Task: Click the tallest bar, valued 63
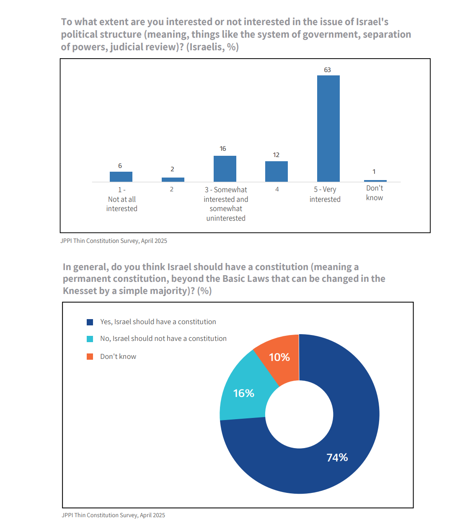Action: (x=328, y=129)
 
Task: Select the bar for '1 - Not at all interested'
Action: (x=121, y=177)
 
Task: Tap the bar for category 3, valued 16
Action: (x=225, y=169)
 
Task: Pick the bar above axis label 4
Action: (x=277, y=171)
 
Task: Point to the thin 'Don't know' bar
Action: (x=375, y=181)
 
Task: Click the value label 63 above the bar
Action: (x=328, y=70)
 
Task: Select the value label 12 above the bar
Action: (x=276, y=155)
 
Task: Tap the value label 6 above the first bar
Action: (x=120, y=166)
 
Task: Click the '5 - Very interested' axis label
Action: (x=325, y=194)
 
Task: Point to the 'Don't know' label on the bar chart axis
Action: (x=375, y=193)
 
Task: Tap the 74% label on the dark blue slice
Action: (x=337, y=458)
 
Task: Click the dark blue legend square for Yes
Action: (x=90, y=322)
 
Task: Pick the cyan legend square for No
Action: (x=90, y=339)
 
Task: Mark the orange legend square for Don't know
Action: (x=90, y=356)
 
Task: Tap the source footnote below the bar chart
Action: (x=114, y=241)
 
